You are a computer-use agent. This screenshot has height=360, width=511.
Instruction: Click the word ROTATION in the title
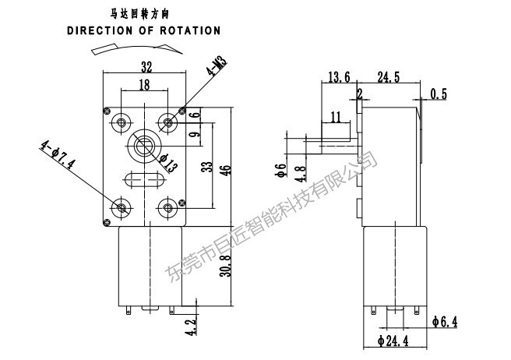tap(190, 30)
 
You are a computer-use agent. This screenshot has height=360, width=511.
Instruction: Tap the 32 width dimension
tap(146, 67)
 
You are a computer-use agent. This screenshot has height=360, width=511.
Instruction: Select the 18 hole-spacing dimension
tap(144, 84)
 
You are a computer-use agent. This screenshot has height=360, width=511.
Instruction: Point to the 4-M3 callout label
tap(217, 66)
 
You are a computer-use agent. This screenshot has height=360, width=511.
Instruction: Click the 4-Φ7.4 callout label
tap(58, 154)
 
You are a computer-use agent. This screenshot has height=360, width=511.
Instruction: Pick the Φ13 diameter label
tap(169, 162)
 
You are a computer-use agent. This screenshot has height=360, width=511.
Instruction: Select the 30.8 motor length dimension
tap(225, 266)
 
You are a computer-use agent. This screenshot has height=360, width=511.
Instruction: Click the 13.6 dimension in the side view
tap(339, 77)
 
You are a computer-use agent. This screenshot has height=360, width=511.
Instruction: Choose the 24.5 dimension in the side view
tap(389, 77)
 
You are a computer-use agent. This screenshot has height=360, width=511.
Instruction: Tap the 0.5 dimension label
tap(439, 94)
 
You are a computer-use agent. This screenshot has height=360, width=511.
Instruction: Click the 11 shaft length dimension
tap(336, 117)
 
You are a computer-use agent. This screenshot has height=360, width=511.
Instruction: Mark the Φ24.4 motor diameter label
tap(393, 341)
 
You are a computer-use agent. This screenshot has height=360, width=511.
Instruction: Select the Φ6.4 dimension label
tap(445, 322)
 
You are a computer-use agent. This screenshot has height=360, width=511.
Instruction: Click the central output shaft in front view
tap(143, 146)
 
